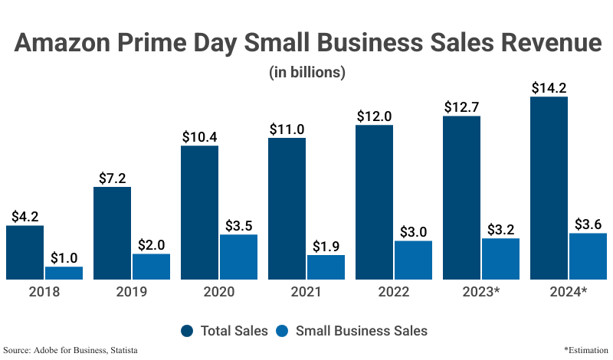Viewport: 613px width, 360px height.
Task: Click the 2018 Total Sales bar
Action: point(25,253)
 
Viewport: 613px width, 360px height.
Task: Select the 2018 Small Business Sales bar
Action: point(64,273)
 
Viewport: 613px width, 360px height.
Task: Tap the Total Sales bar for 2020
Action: point(199,213)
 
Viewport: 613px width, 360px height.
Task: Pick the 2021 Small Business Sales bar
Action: point(326,267)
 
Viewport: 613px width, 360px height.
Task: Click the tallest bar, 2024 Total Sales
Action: point(549,188)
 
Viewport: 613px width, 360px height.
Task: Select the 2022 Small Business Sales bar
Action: point(413,260)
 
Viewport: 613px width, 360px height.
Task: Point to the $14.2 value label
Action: point(549,87)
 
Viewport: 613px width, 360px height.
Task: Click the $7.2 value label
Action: point(112,178)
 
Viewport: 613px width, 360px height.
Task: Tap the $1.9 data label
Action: point(326,246)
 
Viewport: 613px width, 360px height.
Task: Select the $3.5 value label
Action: point(238,225)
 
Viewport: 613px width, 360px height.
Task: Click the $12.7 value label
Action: point(461,106)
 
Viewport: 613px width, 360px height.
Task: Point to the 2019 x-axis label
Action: point(132,292)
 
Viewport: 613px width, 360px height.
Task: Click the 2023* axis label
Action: point(481,292)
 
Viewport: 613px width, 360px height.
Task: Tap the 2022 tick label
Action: point(394,292)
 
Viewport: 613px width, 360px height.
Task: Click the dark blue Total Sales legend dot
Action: point(187,331)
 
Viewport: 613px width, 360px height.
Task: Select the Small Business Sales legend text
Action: point(361,331)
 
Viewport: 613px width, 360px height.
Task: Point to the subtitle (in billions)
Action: point(306,73)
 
